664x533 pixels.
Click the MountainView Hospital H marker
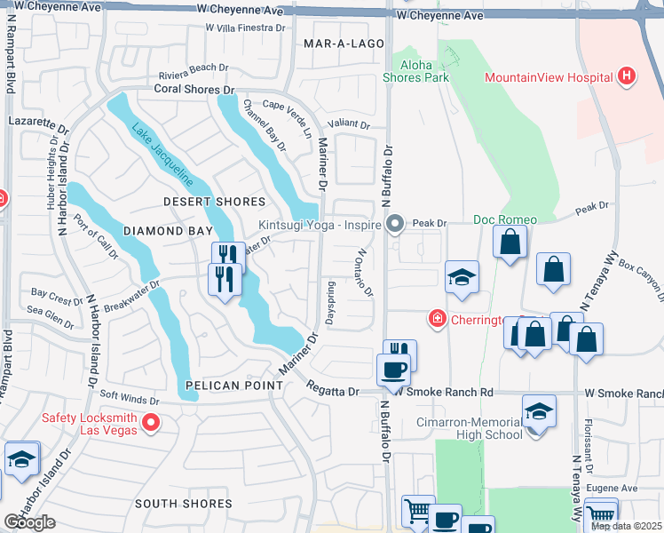click(x=627, y=77)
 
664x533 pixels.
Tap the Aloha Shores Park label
click(x=415, y=71)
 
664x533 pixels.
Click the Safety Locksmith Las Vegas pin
click(x=151, y=423)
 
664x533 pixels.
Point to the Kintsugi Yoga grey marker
click(x=396, y=224)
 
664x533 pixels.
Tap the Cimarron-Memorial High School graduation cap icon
click(x=537, y=412)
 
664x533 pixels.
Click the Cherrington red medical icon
click(x=437, y=318)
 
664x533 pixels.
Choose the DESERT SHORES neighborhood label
click(x=214, y=203)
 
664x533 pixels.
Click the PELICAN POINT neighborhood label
click(x=233, y=386)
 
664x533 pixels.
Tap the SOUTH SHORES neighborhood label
click(x=184, y=504)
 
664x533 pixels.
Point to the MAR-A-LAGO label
click(x=344, y=43)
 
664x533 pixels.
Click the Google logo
click(x=28, y=522)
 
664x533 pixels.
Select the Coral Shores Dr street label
click(x=194, y=90)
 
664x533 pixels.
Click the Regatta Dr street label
click(x=334, y=389)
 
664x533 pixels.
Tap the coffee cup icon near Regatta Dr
click(x=393, y=368)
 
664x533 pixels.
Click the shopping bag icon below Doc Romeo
click(x=511, y=243)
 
